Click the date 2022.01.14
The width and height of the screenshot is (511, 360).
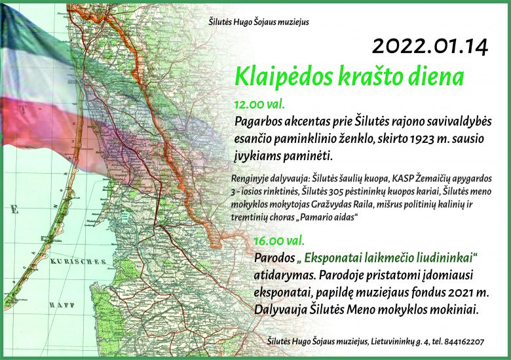coord(430,47)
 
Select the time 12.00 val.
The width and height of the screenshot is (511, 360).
coord(259,104)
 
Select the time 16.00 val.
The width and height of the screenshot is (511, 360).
coord(279,241)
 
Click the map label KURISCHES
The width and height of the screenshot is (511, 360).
coord(78,262)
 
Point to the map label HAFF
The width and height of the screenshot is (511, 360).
coord(62,305)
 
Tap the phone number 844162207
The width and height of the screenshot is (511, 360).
coord(464,342)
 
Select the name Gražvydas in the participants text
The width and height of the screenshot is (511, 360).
coord(330,205)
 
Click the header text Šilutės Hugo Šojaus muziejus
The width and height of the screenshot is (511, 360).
coord(259,22)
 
